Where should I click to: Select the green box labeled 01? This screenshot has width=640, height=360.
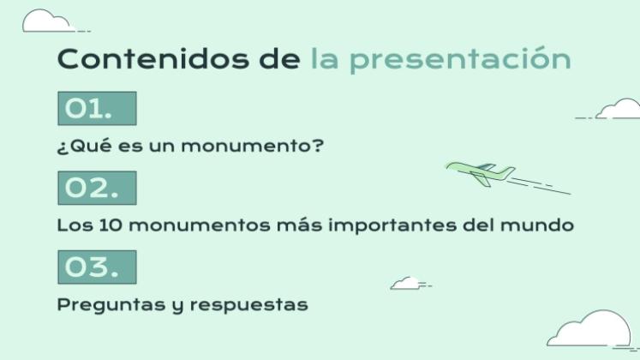click(96, 109)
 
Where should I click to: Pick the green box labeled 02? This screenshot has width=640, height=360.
click(96, 189)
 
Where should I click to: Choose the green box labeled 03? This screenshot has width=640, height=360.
click(96, 267)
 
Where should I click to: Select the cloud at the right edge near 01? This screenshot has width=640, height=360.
click(619, 111)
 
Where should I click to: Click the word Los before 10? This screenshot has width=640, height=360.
click(72, 226)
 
